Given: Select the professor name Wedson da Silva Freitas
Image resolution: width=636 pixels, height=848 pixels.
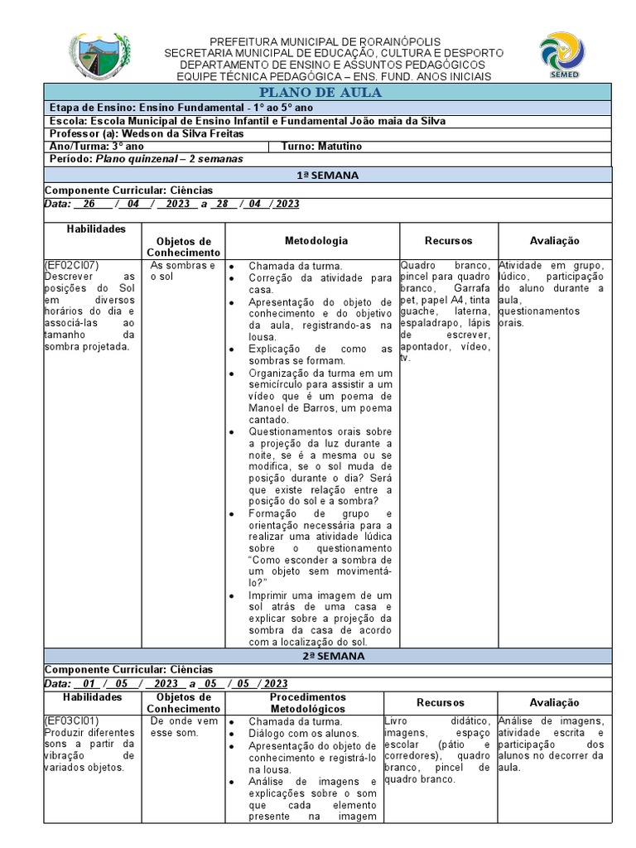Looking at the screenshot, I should pyautogui.click(x=185, y=133).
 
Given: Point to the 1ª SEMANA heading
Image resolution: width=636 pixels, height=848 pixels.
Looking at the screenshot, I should pyautogui.click(x=327, y=175).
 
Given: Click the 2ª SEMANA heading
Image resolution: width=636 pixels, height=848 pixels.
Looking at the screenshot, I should pyautogui.click(x=327, y=655).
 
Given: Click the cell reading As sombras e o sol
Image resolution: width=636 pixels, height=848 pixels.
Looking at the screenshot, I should pyautogui.click(x=183, y=271).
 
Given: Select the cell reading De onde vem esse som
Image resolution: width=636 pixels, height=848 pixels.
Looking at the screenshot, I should pyautogui.click(x=183, y=726).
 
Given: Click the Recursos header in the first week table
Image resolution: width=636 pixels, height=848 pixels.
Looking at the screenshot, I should pyautogui.click(x=448, y=240).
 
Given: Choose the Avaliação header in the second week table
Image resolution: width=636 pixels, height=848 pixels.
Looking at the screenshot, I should pyautogui.click(x=554, y=702).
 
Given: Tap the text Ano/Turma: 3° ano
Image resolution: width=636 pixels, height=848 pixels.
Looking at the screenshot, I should pyautogui.click(x=97, y=146).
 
